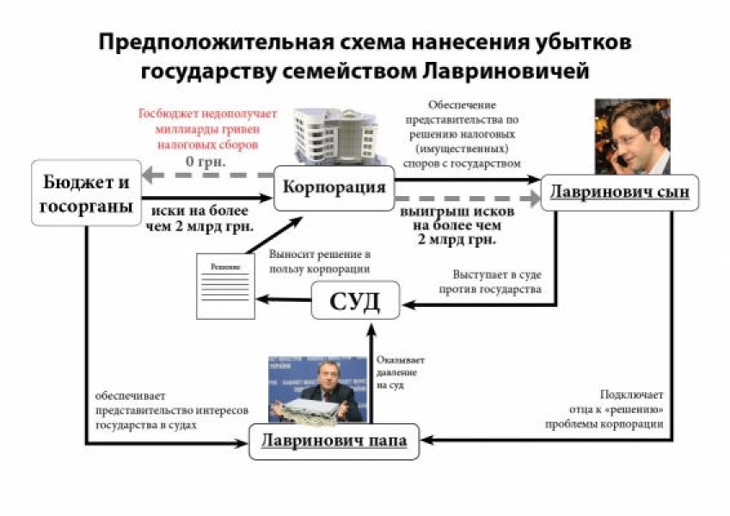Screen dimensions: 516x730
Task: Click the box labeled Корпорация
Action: point(334,188)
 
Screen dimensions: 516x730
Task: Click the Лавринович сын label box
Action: point(620,192)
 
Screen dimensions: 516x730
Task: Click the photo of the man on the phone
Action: point(633,136)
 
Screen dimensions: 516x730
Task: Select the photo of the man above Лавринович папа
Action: point(316,389)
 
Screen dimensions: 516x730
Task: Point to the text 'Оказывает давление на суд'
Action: point(401,373)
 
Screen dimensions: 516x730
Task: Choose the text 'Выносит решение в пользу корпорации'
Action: point(320,262)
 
